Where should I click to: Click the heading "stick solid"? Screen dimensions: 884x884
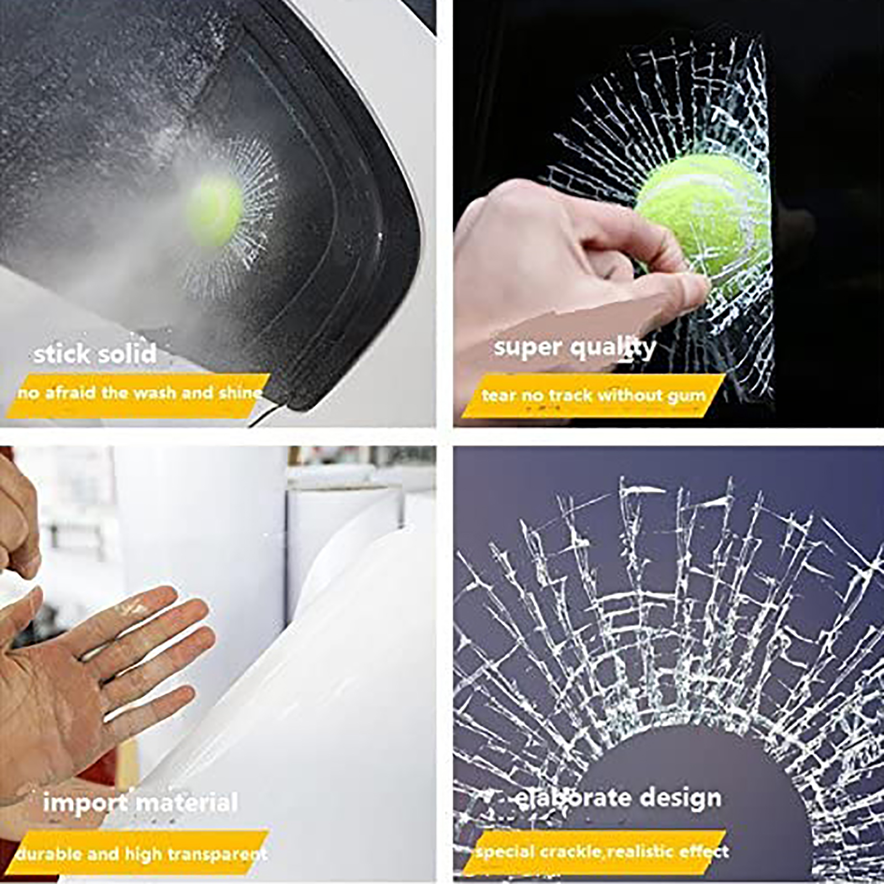pos(95,354)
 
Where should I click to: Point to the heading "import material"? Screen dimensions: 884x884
pos(140,802)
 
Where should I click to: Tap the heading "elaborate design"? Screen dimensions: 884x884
pos(618,798)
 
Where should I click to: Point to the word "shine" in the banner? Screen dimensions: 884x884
pos(240,393)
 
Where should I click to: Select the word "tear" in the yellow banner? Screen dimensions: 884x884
pos(498,396)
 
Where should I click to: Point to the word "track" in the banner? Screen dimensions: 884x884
pos(569,396)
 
